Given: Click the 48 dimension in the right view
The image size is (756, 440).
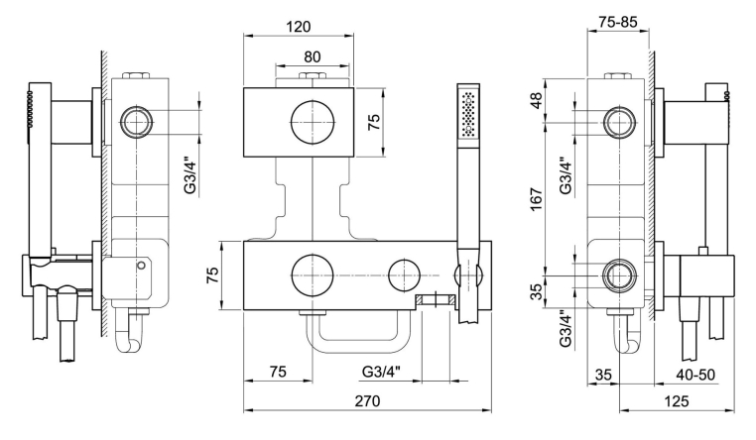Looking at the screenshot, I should (x=564, y=101).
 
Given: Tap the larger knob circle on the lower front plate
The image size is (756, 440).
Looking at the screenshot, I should (x=313, y=274).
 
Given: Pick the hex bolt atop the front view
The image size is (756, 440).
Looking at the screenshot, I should (x=313, y=77).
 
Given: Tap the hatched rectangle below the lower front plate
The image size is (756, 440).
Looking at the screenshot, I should (x=434, y=300).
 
